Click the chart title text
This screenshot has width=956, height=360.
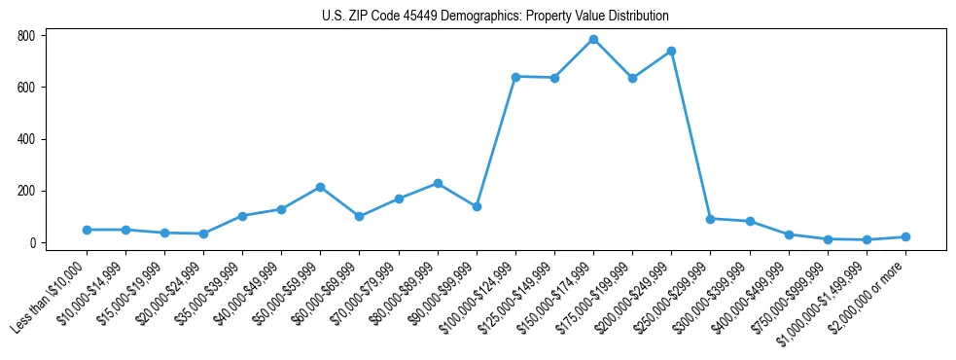pos(495,17)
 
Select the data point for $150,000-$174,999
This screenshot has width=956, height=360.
pos(593,40)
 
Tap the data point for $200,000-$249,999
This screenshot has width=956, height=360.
pos(671,51)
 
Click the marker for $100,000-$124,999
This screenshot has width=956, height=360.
pos(515,77)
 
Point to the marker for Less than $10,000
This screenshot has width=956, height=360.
pos(87,230)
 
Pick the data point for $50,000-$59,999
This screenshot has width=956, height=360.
pos(320,187)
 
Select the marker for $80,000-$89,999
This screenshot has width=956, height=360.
pos(438,183)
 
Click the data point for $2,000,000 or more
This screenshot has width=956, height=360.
pos(905,236)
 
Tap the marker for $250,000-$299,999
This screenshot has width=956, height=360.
pos(710,219)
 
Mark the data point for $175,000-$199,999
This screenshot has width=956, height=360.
pos(632,78)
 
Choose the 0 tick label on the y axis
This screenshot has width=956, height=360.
pos(32,242)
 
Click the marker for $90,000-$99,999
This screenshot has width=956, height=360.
pos(477,206)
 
